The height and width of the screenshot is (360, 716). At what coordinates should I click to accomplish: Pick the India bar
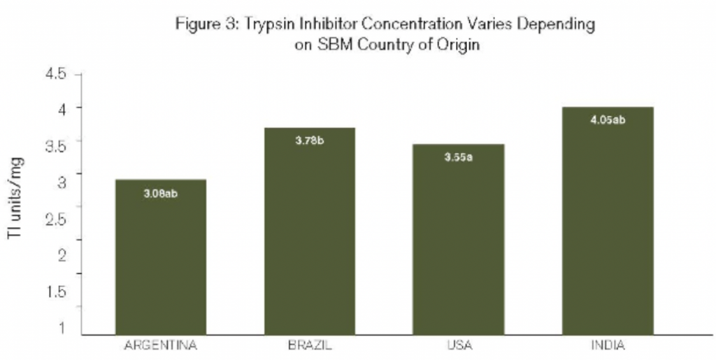point(608,220)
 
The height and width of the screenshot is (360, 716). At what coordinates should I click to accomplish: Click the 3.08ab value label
point(160,193)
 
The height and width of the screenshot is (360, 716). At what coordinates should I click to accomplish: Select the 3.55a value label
point(459,157)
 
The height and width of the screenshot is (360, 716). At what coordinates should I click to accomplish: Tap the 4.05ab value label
point(608,120)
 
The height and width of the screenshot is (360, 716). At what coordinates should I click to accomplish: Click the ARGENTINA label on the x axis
point(160,345)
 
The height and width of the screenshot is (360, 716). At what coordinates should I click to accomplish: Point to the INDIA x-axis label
point(608,345)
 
